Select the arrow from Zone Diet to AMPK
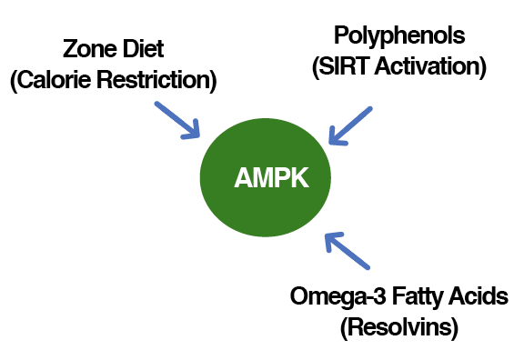tap(176, 118)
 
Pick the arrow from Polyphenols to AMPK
tap(350, 125)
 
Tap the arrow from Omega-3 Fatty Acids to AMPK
tap(348, 250)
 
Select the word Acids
tap(476, 296)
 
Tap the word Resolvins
tap(398, 326)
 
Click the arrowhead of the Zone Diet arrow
tap(193, 133)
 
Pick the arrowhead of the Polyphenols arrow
tap(336, 138)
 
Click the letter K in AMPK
tap(298, 179)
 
